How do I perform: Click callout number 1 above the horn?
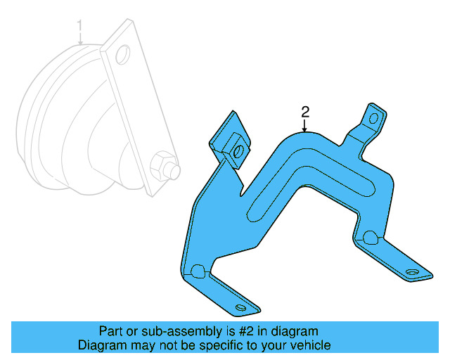[80, 28]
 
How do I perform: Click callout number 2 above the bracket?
[305, 111]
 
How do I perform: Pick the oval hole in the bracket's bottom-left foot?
[242, 308]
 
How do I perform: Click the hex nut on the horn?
[163, 167]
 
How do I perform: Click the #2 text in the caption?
[249, 331]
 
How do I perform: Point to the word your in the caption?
[277, 345]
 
